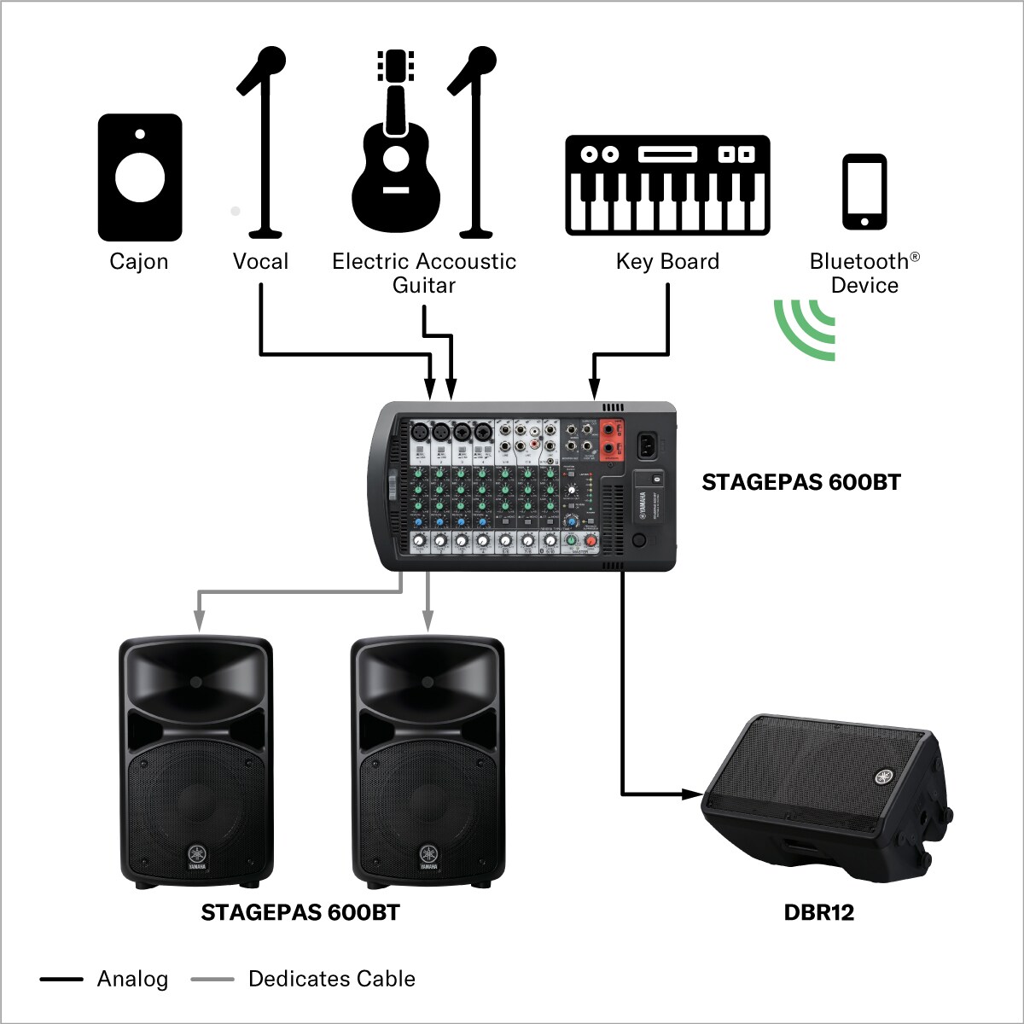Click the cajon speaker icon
click(x=139, y=177)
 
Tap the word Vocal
click(x=260, y=261)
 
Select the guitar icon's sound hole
click(x=395, y=157)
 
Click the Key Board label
click(x=667, y=261)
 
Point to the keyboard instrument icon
click(x=667, y=185)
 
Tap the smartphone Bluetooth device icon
click(x=864, y=192)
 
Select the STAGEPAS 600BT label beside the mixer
click(x=800, y=482)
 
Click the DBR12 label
click(x=818, y=912)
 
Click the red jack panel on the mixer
click(x=611, y=439)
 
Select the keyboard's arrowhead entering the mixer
click(x=595, y=391)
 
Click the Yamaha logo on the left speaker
click(x=197, y=853)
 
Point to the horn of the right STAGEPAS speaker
click(x=427, y=680)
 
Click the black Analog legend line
click(x=61, y=979)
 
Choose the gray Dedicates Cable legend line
click(x=212, y=979)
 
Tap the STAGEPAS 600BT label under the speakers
click(x=300, y=912)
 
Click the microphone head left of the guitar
click(x=271, y=61)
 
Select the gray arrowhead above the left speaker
click(x=198, y=624)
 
